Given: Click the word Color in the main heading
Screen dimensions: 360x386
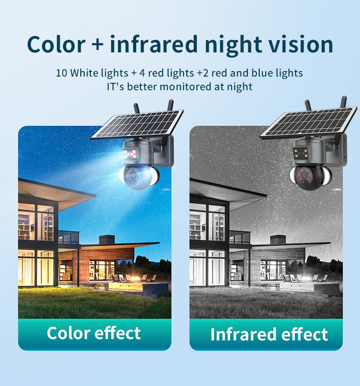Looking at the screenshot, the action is [x=56, y=44].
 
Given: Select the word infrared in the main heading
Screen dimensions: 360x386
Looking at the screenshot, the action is [x=154, y=44].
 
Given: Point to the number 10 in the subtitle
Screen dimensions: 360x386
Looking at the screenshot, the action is [x=62, y=73].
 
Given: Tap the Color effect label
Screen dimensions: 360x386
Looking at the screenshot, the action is [x=93, y=333].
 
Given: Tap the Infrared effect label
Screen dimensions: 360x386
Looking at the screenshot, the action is [x=269, y=334].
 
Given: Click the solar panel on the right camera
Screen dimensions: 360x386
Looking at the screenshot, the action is [x=309, y=121].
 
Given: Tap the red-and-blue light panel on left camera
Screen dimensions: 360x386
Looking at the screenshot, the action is [x=130, y=154].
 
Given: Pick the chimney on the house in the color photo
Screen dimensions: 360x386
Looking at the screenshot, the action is [x=107, y=240].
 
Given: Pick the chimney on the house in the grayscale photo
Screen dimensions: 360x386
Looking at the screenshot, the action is [x=278, y=240].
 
